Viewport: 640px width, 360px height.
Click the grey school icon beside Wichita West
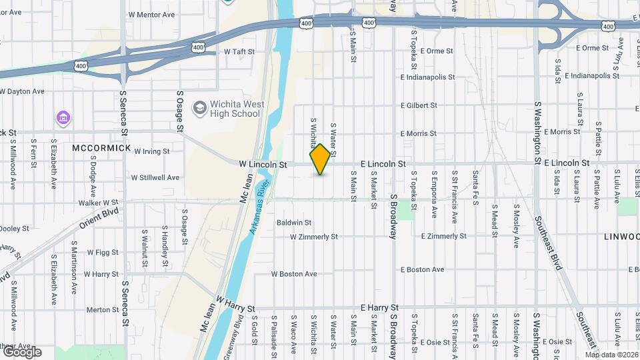point(199,107)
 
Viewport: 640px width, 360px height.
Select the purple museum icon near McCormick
point(64,118)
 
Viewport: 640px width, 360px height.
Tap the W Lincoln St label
point(263,163)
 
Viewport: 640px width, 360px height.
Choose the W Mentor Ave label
point(151,14)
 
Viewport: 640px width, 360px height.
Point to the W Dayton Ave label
point(22,91)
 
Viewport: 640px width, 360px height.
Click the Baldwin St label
point(295,222)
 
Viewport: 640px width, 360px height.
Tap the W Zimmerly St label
point(314,237)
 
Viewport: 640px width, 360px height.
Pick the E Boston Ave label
point(423,270)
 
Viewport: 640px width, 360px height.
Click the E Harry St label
point(379,307)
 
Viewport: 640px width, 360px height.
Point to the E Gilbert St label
point(419,105)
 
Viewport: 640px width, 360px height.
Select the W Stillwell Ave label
point(155,178)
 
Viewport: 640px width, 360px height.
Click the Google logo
point(21,351)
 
